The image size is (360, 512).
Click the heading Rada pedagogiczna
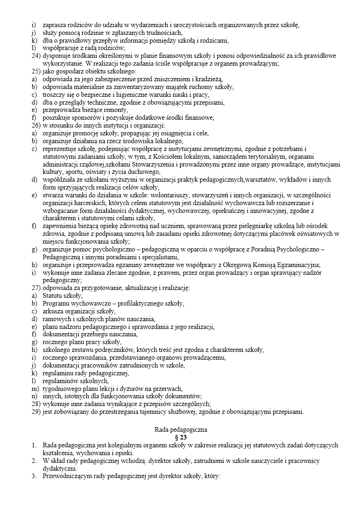(180, 430)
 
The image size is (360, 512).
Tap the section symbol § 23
(180, 438)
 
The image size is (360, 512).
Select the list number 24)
(36, 56)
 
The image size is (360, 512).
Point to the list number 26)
(36, 125)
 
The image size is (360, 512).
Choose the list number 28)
(36, 404)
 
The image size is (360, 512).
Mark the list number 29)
(36, 412)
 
